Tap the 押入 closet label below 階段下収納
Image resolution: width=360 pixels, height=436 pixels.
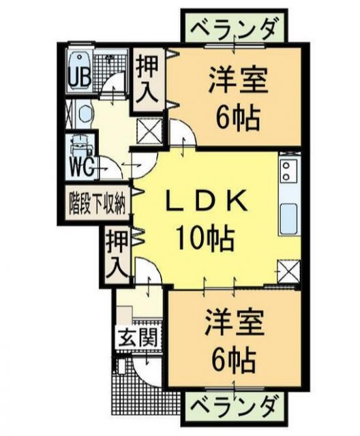117,253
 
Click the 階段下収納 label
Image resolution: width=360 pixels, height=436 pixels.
97,202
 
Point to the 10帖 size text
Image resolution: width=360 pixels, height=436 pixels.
203,238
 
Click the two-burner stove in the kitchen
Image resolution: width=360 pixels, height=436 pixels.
288,170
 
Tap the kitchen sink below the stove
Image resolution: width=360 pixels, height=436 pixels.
288,217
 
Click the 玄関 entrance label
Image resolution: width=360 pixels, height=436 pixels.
140,337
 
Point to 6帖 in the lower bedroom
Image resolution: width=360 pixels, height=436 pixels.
234,356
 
